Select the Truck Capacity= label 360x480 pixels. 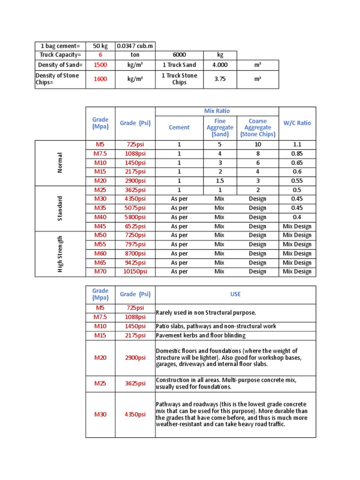pos(60,55)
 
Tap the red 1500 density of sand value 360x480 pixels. pos(100,65)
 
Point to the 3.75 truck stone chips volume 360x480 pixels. pos(220,79)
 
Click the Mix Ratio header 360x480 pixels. pos(217,111)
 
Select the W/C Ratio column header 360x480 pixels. pos(297,123)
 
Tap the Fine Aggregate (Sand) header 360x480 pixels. pos(220,127)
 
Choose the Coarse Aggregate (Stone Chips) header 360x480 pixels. pos(257,127)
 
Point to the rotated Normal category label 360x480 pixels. pos(60,162)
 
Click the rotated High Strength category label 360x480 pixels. pos(60,254)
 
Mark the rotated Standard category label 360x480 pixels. pos(60,208)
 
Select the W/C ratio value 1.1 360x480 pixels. pos(297,144)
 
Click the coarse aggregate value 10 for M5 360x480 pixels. pos(257,144)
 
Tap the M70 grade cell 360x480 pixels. pos(100,271)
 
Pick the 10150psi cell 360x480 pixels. pos(135,271)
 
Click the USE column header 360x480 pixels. pos(235,294)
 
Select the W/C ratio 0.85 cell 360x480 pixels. pos(297,153)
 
